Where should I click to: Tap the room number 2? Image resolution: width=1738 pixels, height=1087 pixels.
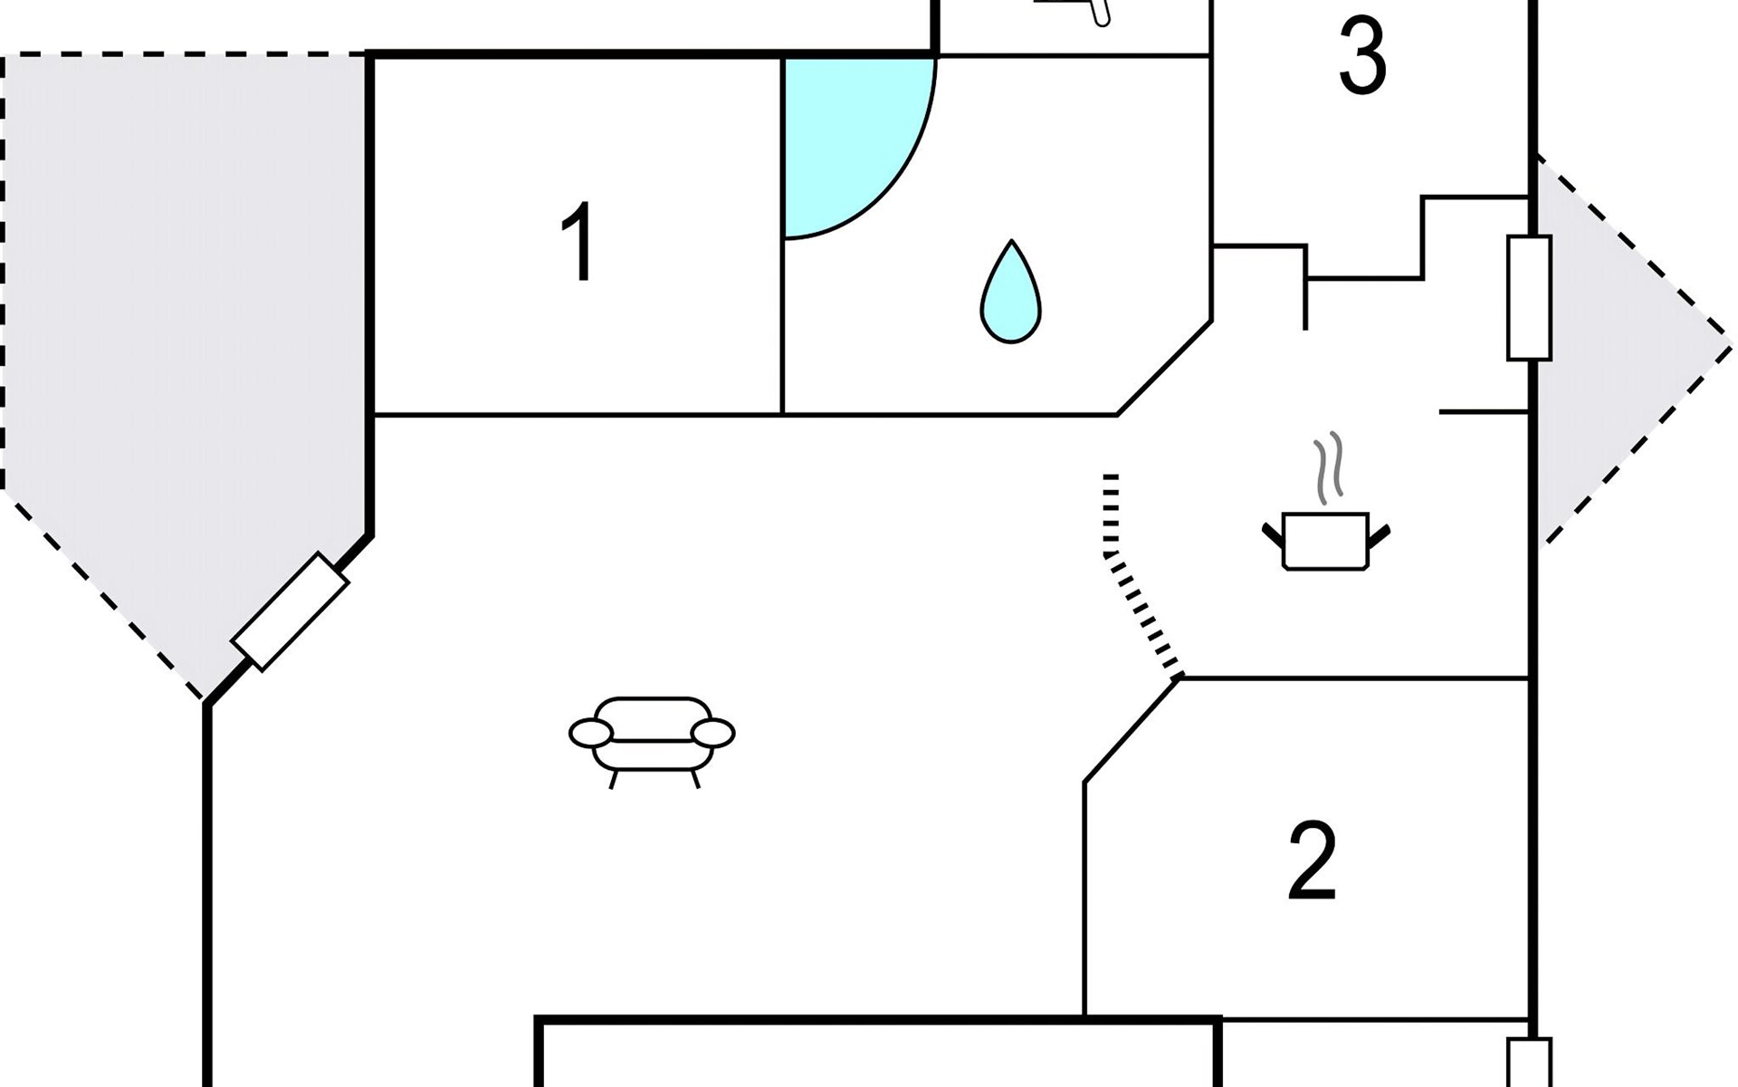pos(1312,861)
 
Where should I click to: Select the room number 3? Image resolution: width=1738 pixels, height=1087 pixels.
pos(1361,58)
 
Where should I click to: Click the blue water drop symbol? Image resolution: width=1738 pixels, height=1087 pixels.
pos(1010,293)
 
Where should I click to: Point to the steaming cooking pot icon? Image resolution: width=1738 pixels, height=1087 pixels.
pos(1326,542)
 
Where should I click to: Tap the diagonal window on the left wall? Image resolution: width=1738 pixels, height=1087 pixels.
pos(290,611)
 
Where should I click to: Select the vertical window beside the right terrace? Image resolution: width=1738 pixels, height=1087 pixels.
pos(1529,297)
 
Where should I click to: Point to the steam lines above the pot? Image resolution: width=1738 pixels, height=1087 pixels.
pos(1328,467)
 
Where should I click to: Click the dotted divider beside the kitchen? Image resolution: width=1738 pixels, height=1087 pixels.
pos(1132,580)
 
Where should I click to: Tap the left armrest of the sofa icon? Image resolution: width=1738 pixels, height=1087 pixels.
pos(590,733)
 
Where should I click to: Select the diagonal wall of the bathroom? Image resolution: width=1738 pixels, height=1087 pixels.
pos(1165,368)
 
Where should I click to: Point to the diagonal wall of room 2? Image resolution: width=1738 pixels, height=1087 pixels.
pos(1132,730)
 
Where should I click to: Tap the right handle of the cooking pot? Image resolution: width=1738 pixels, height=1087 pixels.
pos(1379,537)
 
